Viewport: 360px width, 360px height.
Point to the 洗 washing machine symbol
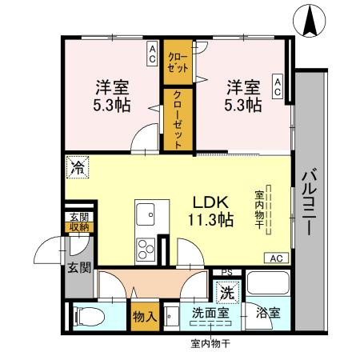click(227, 293)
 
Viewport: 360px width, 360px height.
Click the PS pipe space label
click(226, 273)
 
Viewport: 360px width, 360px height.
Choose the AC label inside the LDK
click(275, 258)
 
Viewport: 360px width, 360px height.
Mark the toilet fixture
click(86, 317)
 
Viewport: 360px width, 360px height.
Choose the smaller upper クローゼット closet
click(176, 62)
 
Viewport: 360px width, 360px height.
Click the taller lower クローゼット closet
click(178, 119)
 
